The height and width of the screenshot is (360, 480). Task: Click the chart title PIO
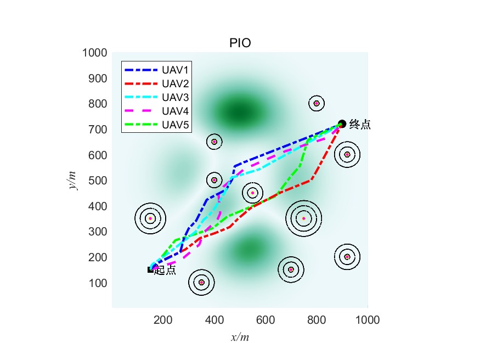click(240, 43)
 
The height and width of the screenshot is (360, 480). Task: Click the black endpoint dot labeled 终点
click(342, 124)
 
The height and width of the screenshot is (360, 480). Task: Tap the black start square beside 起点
click(150, 269)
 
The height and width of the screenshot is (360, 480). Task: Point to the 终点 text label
click(360, 125)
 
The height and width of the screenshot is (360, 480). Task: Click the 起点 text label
click(166, 270)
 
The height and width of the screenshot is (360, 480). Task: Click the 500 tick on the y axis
click(97, 181)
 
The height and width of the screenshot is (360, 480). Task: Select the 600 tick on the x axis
click(266, 319)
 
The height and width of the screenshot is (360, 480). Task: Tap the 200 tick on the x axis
click(163, 319)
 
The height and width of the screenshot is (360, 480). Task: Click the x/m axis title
click(240, 337)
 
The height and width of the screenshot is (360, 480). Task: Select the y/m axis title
click(72, 180)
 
